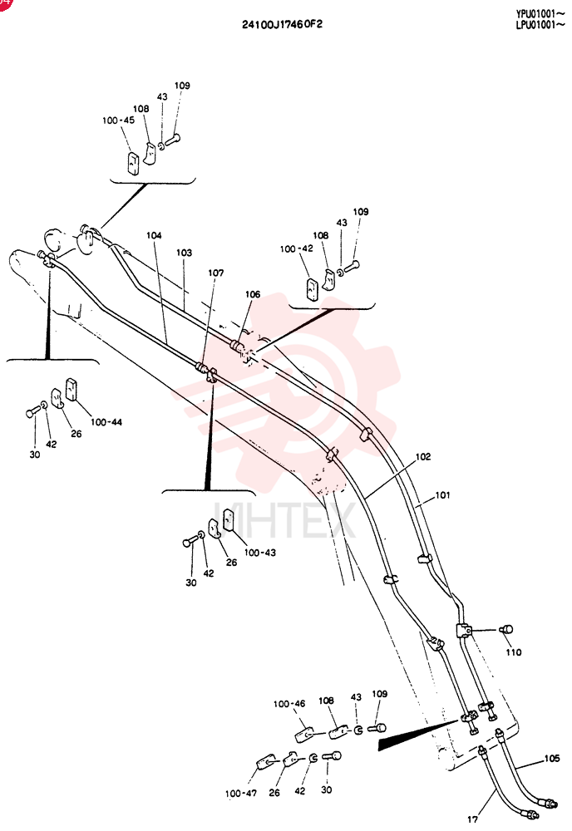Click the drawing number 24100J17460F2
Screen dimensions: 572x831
282,24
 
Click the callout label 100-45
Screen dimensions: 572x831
118,120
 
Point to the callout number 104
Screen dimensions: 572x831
154,235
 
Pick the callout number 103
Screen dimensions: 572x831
184,253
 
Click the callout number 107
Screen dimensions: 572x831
216,273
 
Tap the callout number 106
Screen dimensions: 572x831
253,294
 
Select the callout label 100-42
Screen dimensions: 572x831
296,248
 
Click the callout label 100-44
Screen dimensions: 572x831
106,422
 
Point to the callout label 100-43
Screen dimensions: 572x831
259,553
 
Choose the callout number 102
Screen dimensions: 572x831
423,456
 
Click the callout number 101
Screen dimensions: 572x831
442,495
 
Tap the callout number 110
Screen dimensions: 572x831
514,652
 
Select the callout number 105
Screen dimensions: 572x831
552,759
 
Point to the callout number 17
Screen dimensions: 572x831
472,819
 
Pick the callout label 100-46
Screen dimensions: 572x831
289,704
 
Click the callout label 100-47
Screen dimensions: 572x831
241,794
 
